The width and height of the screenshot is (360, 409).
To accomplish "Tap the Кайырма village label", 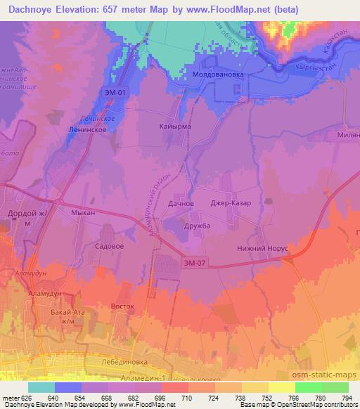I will click(175, 126).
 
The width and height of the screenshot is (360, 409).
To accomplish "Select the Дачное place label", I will click(181, 203).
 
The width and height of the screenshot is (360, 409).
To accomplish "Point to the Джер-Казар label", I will click(231, 203).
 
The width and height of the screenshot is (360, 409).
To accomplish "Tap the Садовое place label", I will click(109, 247).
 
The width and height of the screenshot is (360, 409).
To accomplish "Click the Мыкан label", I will click(83, 211).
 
